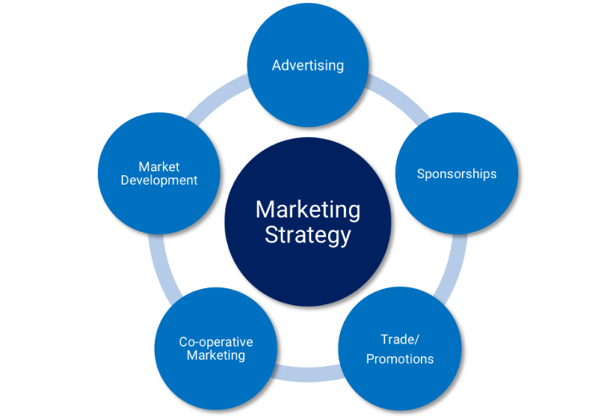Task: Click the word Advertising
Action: point(307,65)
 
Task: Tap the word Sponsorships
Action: point(456,173)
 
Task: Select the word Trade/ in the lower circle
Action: point(399,340)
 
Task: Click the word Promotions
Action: point(399,359)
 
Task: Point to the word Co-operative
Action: point(216,342)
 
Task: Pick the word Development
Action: point(159,181)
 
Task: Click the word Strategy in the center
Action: point(308,235)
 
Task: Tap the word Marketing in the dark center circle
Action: point(308,209)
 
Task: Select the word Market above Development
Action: point(159,167)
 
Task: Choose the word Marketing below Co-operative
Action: point(216,355)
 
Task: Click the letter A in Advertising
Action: point(276,65)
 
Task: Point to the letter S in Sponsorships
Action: point(420,173)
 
